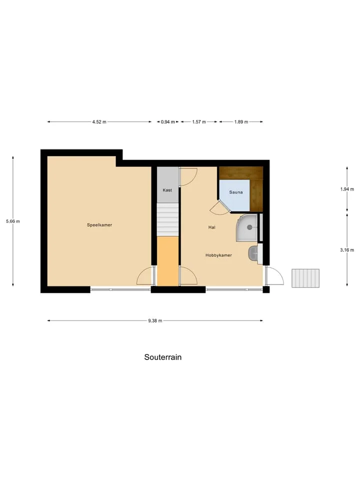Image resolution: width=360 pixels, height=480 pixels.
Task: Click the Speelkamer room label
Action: pyautogui.click(x=99, y=225)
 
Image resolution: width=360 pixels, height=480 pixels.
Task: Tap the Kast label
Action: pyautogui.click(x=167, y=190)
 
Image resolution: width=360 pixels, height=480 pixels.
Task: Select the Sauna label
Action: pyautogui.click(x=235, y=192)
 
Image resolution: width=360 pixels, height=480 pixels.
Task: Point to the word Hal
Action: pyautogui.click(x=212, y=227)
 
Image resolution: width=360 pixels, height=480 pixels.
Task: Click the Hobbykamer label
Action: pyautogui.click(x=218, y=255)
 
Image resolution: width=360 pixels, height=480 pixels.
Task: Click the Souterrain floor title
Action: pyautogui.click(x=163, y=357)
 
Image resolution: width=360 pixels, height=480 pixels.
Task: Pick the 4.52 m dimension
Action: pyautogui.click(x=99, y=122)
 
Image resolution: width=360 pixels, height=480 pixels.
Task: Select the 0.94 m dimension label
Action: pyautogui.click(x=168, y=122)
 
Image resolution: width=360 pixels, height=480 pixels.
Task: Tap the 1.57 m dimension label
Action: pyautogui.click(x=199, y=122)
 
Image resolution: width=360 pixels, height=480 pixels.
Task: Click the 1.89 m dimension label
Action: pyautogui.click(x=241, y=122)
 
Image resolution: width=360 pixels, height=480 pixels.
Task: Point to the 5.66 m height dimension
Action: pyautogui.click(x=13, y=221)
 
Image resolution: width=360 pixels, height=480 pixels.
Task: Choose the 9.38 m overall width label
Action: pyautogui.click(x=155, y=321)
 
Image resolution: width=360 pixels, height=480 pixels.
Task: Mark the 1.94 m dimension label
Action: pyautogui.click(x=347, y=189)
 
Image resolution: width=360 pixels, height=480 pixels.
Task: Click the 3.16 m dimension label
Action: pyautogui.click(x=347, y=250)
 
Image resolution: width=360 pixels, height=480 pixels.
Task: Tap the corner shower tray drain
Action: pyautogui.click(x=249, y=227)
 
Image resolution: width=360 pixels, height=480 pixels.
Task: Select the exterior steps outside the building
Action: pyautogui.click(x=305, y=278)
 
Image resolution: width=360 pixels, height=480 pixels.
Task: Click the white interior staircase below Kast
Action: pyautogui.click(x=168, y=219)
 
